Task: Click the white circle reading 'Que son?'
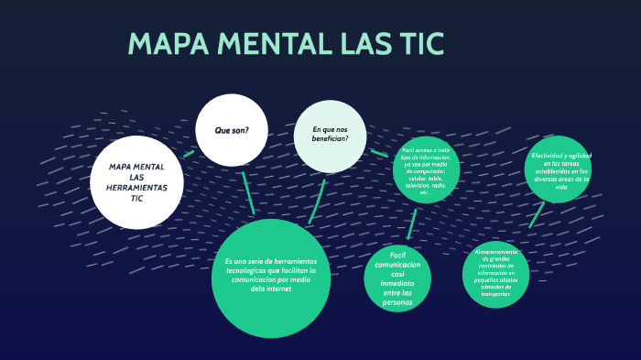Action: coord(232,130)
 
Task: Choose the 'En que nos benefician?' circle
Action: coord(331,135)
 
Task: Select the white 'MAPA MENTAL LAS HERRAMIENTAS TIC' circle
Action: coord(137,182)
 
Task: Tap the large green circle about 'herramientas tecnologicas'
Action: coord(270,277)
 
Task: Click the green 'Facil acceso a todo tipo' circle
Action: coord(426,169)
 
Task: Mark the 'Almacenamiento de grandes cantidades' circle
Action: coord(495,275)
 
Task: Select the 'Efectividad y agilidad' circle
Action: coord(559,169)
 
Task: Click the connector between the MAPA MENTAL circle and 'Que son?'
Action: coord(190,152)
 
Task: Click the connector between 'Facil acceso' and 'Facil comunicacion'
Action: coord(412,224)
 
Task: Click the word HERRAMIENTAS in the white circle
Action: coord(137,187)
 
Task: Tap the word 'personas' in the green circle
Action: coord(398,302)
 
